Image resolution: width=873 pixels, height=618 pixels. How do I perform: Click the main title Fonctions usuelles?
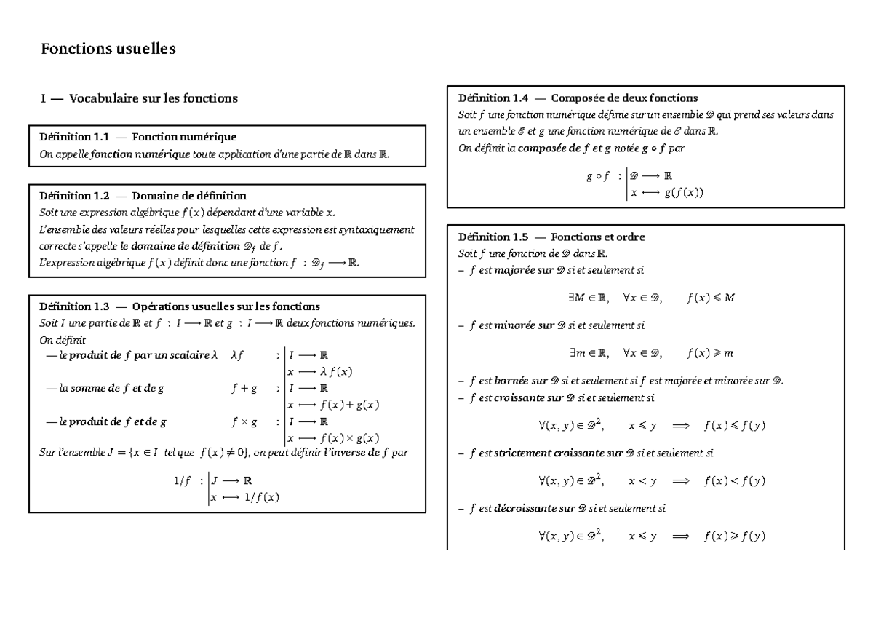(108, 49)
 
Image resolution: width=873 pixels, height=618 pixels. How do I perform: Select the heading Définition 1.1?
(73, 136)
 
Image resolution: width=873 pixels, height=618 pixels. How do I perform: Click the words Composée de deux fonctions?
(624, 98)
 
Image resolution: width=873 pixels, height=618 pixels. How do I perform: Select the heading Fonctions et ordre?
(597, 237)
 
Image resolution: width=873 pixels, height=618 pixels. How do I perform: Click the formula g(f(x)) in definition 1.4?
(684, 194)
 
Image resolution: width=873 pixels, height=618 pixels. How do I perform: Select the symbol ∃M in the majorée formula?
(580, 298)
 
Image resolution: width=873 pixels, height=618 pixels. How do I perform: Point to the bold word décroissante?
(525, 509)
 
